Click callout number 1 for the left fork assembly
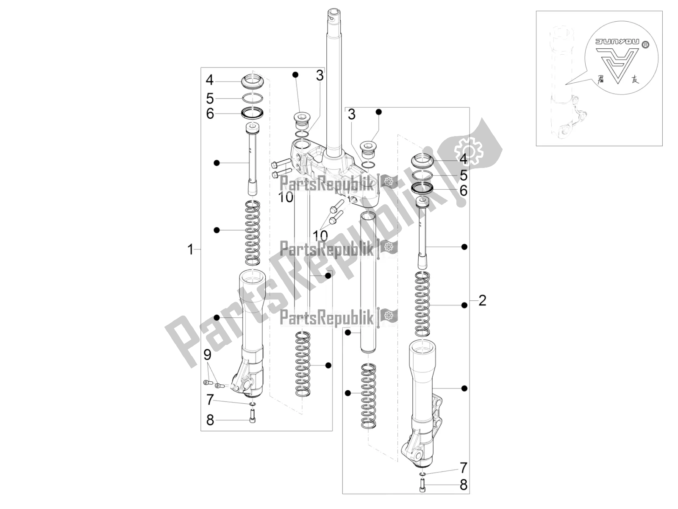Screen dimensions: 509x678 (190, 249)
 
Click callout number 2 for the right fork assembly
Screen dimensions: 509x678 (482, 301)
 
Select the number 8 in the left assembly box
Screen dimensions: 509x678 (210, 420)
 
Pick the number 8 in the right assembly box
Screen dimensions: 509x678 (464, 484)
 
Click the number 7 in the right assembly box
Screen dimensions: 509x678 (464, 468)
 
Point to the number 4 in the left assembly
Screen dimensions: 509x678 (210, 80)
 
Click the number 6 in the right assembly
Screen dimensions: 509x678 (464, 191)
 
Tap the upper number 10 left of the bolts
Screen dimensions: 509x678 (286, 197)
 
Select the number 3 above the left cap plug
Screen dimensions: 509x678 (320, 76)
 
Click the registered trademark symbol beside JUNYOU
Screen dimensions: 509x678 (645, 44)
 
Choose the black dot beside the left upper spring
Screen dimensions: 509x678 (217, 230)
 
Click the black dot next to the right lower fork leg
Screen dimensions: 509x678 (464, 388)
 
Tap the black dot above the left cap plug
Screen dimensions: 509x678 (295, 75)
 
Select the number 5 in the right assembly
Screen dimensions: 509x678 (464, 175)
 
